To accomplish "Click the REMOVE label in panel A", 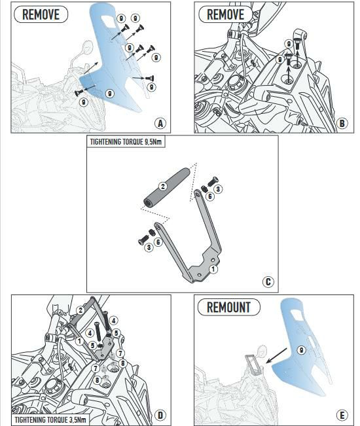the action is point(41,14).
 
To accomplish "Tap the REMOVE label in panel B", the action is point(226,14).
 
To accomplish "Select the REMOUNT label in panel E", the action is point(229,308).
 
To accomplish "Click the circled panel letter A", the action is point(160,123).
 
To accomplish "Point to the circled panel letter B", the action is point(342,123).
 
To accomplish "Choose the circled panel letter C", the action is point(268,282).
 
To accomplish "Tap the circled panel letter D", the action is point(160,415).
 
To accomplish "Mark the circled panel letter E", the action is point(342,415).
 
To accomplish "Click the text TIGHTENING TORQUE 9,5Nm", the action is point(126,142).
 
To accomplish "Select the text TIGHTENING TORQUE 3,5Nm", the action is point(50,419).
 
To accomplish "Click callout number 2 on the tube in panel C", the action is point(163,186).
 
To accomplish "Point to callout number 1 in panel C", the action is point(213,269).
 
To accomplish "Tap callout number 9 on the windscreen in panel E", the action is point(301,350).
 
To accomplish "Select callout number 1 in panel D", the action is point(79,341).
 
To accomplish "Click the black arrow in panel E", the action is point(276,355).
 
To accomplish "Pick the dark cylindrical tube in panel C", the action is point(166,188).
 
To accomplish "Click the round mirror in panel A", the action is point(88,46).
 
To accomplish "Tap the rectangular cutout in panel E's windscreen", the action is point(297,315).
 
